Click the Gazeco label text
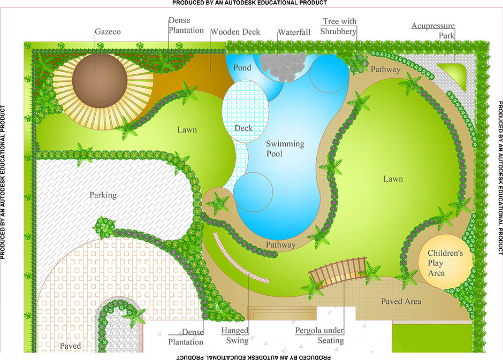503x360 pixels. [x=108, y=32]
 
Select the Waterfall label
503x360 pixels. [x=294, y=32]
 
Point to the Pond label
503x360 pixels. [x=242, y=68]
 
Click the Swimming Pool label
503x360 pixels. [x=285, y=149]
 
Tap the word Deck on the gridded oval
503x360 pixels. [x=243, y=128]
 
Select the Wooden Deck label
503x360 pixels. [x=235, y=32]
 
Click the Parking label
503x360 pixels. [x=103, y=195]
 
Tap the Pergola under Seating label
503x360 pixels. [x=319, y=335]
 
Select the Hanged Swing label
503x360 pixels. [x=235, y=335]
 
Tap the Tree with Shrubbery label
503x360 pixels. [x=339, y=26]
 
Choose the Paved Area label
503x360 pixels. [x=401, y=302]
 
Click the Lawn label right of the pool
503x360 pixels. [x=393, y=179]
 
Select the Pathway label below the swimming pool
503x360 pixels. [x=280, y=245]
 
